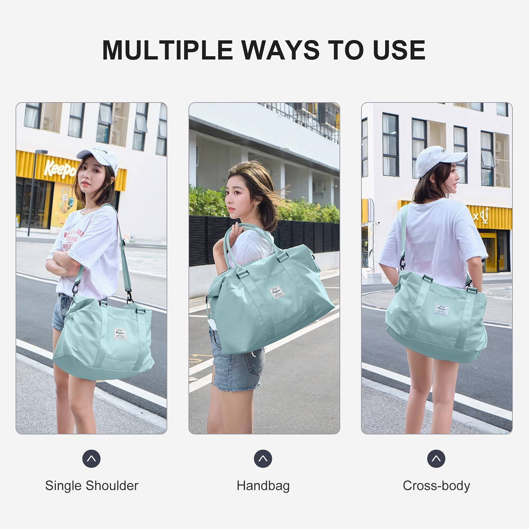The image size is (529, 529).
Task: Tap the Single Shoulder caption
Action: click(x=92, y=486)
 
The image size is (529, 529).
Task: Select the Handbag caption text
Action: click(x=263, y=486)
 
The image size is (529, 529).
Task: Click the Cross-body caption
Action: click(x=436, y=486)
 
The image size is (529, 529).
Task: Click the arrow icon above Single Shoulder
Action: click(x=91, y=459)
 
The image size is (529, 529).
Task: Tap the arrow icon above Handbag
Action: click(x=263, y=459)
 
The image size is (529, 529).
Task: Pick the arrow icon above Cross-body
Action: click(x=436, y=459)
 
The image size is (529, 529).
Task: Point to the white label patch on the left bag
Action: click(x=120, y=334)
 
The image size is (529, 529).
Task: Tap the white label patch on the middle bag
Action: click(x=276, y=292)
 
